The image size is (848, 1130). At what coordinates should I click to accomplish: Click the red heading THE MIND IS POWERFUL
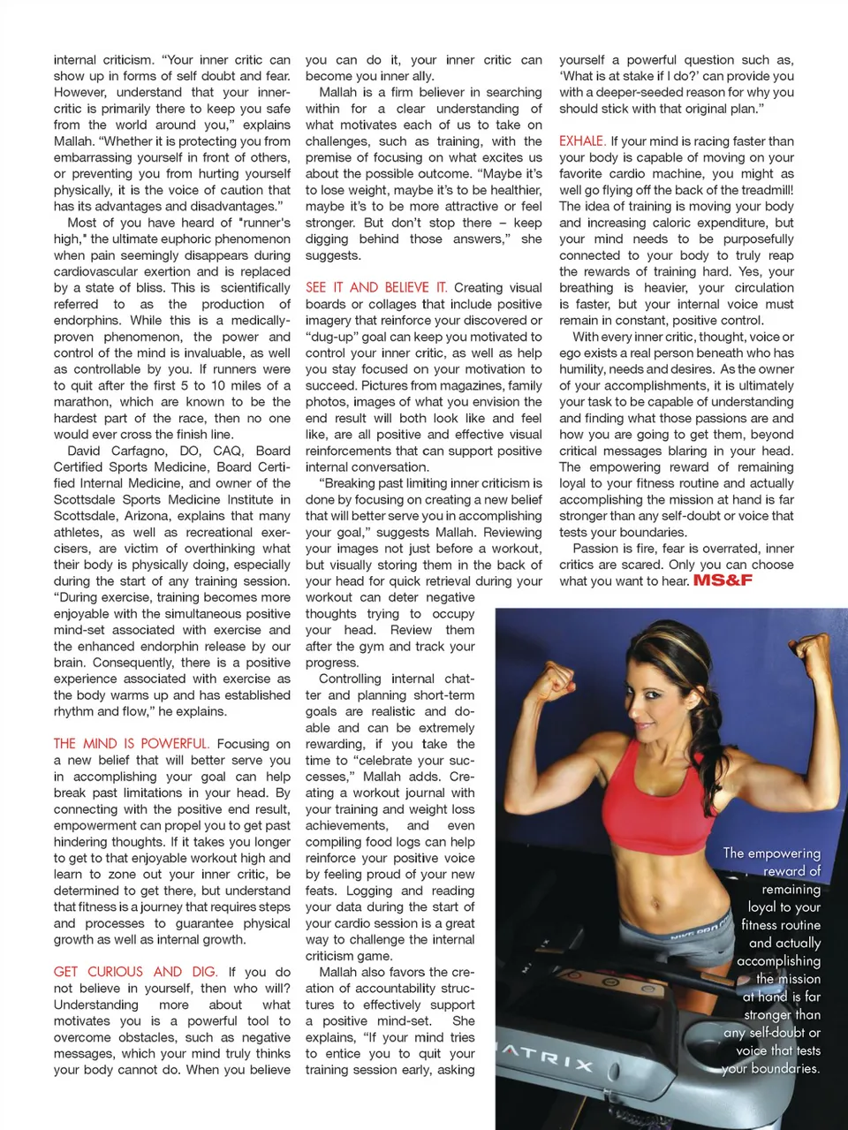point(132,744)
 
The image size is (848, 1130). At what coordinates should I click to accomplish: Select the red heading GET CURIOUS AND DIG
point(135,972)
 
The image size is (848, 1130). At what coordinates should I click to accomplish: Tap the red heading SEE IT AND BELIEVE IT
point(376,287)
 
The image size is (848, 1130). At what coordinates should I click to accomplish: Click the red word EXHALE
point(582,141)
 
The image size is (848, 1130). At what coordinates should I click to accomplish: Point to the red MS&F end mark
point(723,580)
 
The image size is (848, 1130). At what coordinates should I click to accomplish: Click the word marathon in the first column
point(84,402)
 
